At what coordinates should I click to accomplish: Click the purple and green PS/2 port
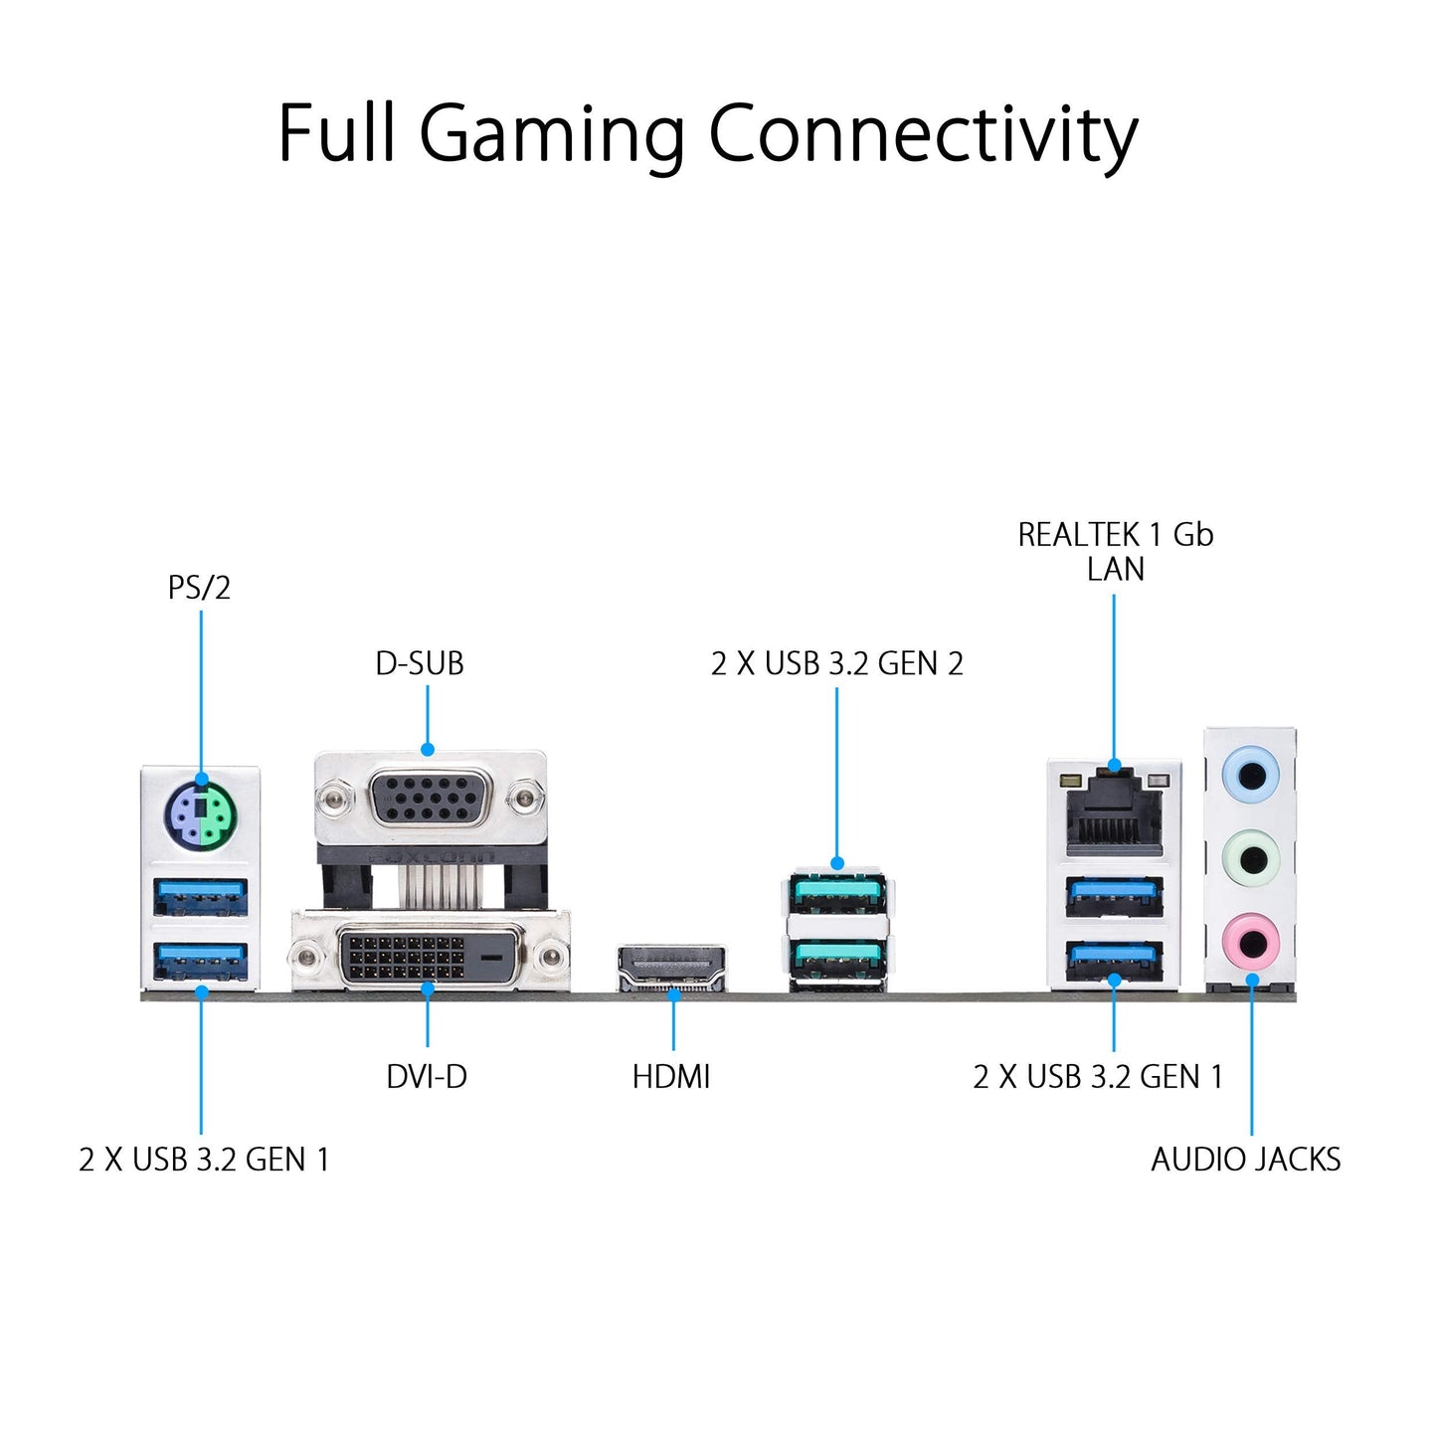click(201, 815)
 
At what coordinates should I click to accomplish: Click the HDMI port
click(672, 968)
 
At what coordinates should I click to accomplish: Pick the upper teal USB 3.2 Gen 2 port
click(838, 892)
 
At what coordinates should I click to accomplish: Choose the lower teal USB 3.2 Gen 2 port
click(838, 961)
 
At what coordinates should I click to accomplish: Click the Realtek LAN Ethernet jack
click(1114, 810)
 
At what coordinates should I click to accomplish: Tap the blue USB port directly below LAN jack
click(1114, 896)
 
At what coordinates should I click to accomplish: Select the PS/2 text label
click(199, 588)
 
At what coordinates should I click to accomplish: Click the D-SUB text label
click(420, 663)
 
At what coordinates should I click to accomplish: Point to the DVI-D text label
click(427, 1076)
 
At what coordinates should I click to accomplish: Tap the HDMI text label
click(671, 1076)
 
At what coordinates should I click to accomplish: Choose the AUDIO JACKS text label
click(1245, 1160)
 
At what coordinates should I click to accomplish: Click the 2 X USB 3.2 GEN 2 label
click(837, 663)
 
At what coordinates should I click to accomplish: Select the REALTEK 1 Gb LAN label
click(1115, 551)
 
